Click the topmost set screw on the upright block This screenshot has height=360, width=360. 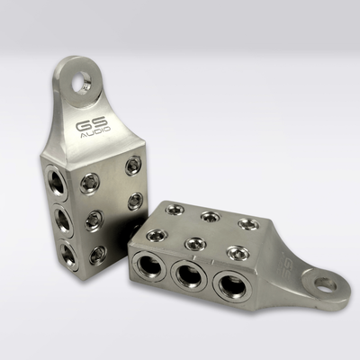[x=132, y=164]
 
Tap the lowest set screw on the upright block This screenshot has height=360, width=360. [x=98, y=255]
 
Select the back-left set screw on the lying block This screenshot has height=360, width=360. [x=175, y=209]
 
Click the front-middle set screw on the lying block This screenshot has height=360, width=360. [x=193, y=243]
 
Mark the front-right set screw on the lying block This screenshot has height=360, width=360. [x=238, y=253]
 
